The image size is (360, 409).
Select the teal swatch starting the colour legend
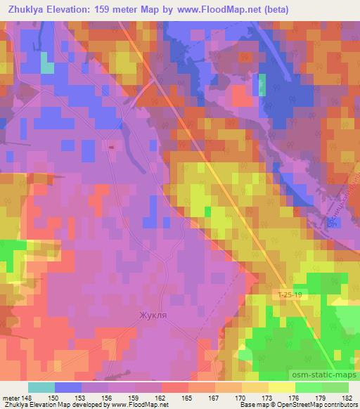click(41, 387)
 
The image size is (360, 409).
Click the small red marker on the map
click(110, 147)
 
